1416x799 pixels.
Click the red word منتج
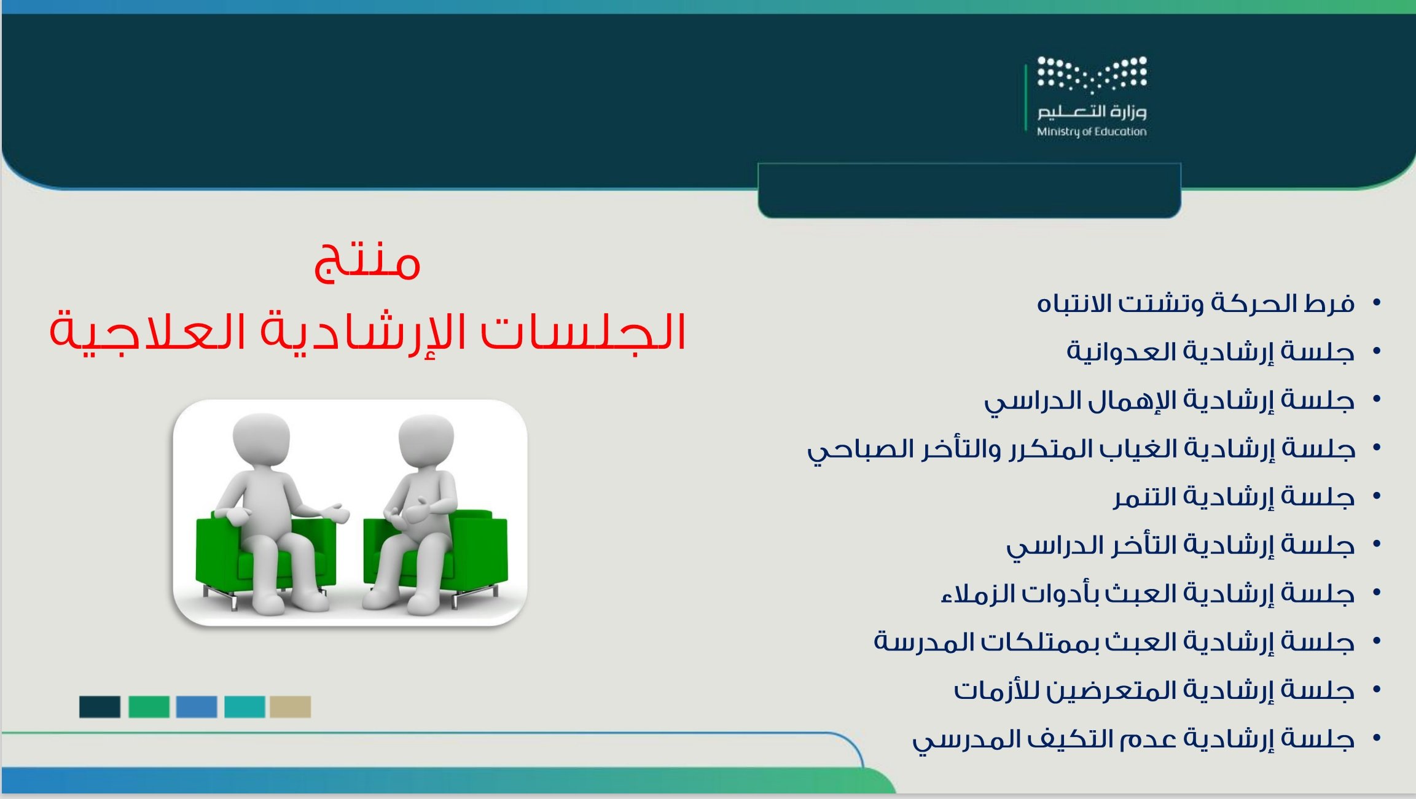click(367, 262)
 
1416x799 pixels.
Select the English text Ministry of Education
click(1092, 131)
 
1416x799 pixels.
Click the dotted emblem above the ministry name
click(1092, 74)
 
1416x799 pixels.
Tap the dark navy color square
click(100, 707)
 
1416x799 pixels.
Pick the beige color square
click(290, 707)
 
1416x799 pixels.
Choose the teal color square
click(244, 707)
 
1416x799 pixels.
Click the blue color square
click(197, 707)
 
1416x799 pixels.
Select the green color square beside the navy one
click(149, 707)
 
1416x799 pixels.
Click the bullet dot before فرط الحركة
click(1377, 302)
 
